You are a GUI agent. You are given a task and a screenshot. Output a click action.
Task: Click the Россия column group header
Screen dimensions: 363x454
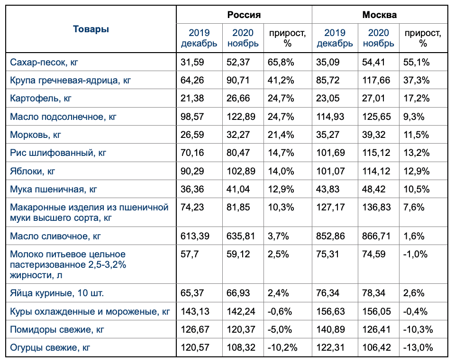(x=244, y=15)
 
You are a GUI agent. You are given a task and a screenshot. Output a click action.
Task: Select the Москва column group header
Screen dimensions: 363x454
(x=379, y=15)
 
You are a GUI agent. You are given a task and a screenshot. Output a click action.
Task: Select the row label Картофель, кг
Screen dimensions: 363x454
(x=41, y=99)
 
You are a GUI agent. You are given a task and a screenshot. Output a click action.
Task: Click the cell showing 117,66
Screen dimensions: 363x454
(x=377, y=80)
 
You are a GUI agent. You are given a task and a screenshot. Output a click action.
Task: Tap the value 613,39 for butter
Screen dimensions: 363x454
(x=195, y=236)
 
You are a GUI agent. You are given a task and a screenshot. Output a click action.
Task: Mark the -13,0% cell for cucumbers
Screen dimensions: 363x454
(x=418, y=347)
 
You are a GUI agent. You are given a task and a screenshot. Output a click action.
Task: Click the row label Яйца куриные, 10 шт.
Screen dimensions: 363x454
(x=57, y=293)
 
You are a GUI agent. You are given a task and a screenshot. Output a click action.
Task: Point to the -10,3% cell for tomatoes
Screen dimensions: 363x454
(x=418, y=329)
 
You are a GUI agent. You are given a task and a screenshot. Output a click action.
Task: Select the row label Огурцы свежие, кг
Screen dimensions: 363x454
(x=50, y=347)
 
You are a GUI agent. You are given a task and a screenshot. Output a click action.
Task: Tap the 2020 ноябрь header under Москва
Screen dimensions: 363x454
(x=378, y=38)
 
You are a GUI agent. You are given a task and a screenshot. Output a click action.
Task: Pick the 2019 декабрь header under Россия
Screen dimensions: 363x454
(x=199, y=38)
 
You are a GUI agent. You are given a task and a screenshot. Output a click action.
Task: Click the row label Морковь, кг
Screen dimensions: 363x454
(x=36, y=135)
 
